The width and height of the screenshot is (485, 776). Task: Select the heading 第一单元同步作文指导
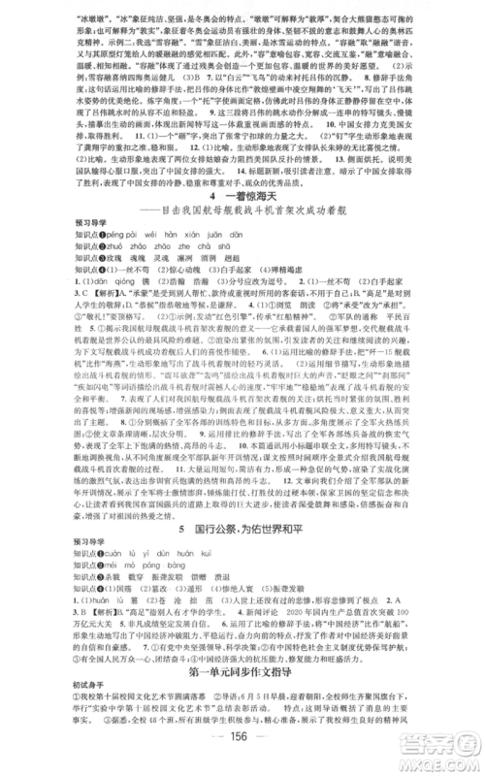[242, 673]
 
